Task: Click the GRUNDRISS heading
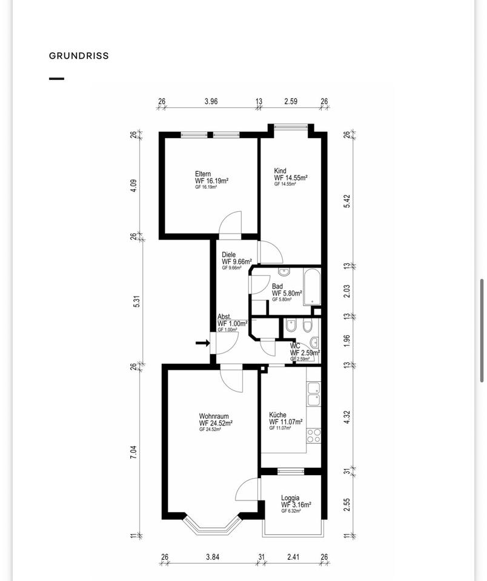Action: click(79, 56)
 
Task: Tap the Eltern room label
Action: click(203, 174)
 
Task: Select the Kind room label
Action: click(280, 171)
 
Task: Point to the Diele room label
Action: click(228, 255)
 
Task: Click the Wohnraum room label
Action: click(214, 416)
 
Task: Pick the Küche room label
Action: click(277, 415)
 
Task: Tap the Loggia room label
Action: click(290, 498)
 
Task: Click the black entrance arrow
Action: click(202, 343)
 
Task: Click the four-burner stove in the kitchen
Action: click(314, 435)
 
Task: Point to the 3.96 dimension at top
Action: click(211, 101)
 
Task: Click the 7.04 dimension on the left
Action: click(133, 452)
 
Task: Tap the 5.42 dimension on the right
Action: click(347, 201)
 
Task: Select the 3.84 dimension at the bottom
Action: click(213, 557)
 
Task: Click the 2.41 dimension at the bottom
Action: click(293, 557)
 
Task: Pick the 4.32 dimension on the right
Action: click(347, 417)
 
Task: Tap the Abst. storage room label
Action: click(224, 317)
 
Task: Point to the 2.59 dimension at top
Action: click(291, 101)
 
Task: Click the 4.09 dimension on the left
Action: click(133, 186)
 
